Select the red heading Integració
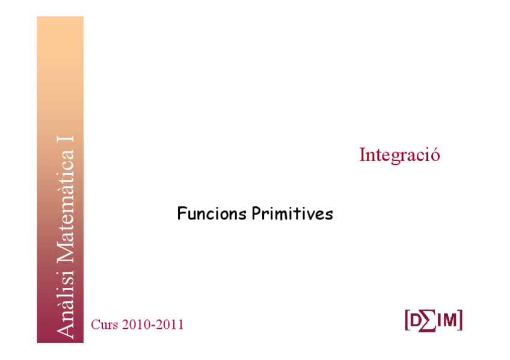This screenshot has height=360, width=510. (x=399, y=154)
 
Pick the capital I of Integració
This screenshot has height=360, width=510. (x=363, y=154)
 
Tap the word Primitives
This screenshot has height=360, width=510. (x=292, y=213)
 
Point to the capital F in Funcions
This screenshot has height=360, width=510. (x=182, y=213)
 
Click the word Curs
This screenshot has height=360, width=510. (x=104, y=325)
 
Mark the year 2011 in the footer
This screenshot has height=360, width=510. (x=170, y=325)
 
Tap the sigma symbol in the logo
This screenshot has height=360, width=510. (x=427, y=321)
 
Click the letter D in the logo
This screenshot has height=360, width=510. (x=415, y=321)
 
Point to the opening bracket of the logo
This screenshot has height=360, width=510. (x=407, y=321)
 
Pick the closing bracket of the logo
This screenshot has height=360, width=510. (x=460, y=321)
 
